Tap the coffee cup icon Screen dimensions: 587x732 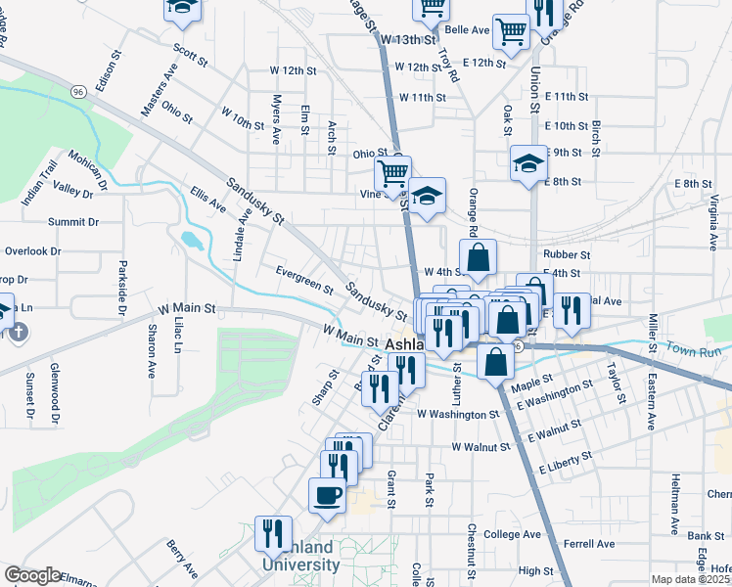pos(328,494)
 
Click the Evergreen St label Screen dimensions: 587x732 pos(304,280)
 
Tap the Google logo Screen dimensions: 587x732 pos(32,575)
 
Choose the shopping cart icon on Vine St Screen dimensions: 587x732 pos(393,174)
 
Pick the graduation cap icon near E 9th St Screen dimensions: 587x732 pos(528,162)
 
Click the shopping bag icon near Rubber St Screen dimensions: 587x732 pos(478,259)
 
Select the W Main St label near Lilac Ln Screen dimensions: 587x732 pos(182,308)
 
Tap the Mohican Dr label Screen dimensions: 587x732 pos(88,169)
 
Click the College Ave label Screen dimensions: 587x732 pos(512,535)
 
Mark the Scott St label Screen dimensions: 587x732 pos(191,54)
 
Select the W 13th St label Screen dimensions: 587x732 pos(407,39)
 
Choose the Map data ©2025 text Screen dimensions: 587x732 pos(691,579)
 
